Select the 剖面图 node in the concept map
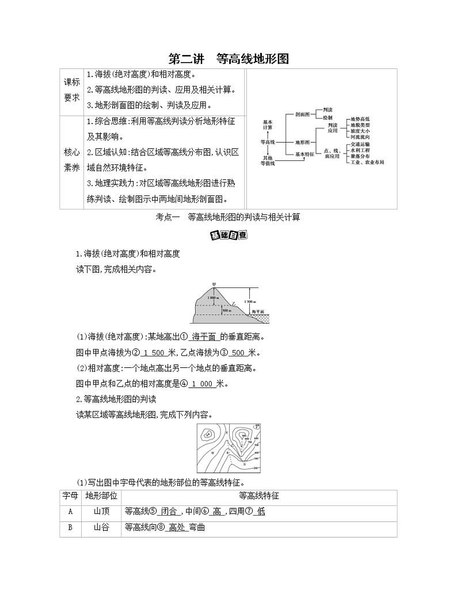(x=303, y=115)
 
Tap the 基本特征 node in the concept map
(x=305, y=154)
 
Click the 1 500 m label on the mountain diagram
(x=250, y=301)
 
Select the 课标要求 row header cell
(x=72, y=90)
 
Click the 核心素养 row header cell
(x=72, y=160)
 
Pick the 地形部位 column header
(x=101, y=496)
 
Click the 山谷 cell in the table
(x=101, y=527)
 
